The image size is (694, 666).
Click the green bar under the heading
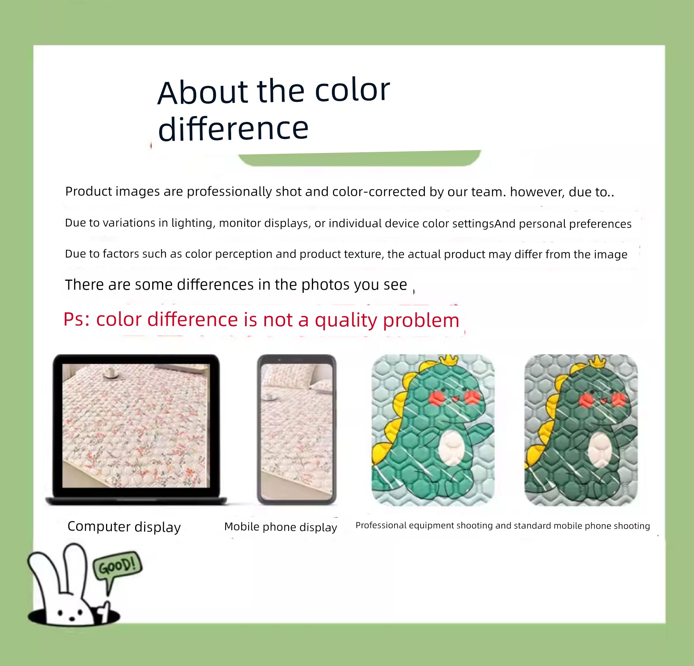[x=360, y=158]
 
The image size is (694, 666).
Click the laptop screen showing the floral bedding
[x=136, y=426]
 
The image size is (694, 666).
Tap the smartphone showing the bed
[x=297, y=430]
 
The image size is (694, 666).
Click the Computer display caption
[x=124, y=527]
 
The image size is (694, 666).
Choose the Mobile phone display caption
[x=281, y=527]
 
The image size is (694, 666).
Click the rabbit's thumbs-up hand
[x=104, y=612]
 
